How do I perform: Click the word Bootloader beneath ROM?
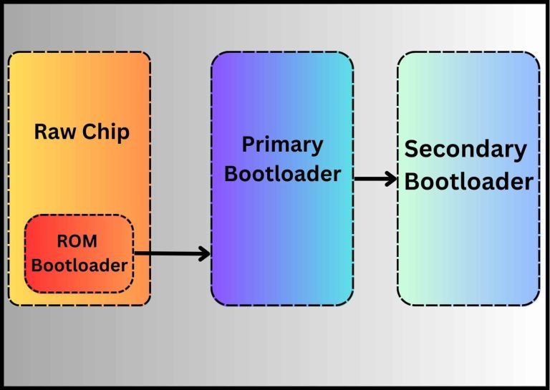(x=79, y=265)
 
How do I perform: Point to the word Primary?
(x=282, y=146)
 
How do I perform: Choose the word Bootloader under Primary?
(x=282, y=174)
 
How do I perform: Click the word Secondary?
(x=465, y=150)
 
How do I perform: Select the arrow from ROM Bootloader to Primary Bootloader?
(x=172, y=253)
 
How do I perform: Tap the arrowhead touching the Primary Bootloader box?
(x=206, y=253)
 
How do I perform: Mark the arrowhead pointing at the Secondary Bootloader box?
(x=392, y=178)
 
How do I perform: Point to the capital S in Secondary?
(x=412, y=150)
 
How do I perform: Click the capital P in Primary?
(x=248, y=145)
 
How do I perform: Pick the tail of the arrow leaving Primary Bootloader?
(x=357, y=178)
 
